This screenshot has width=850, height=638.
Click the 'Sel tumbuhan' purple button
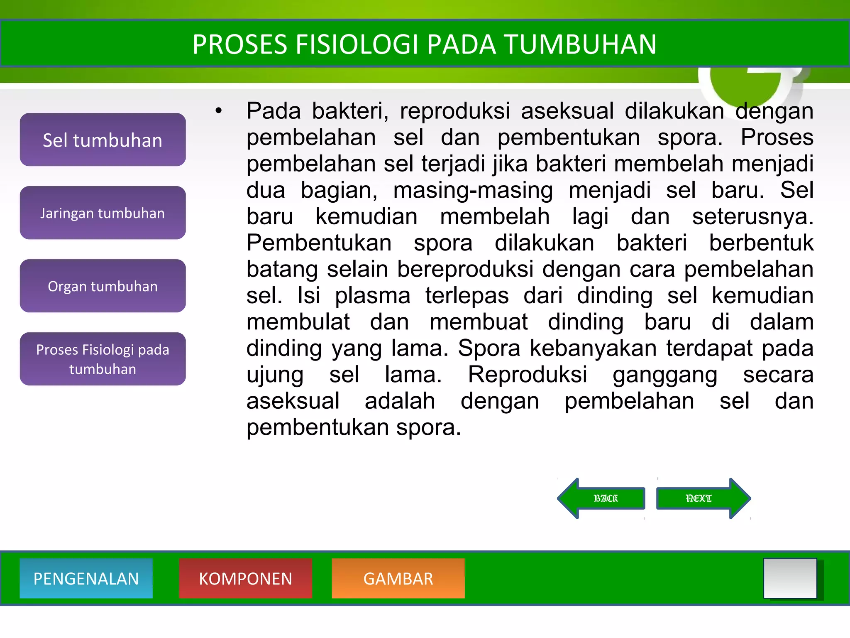103,140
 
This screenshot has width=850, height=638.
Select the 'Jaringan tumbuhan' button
103,213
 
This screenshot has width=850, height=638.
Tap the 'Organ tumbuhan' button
103,286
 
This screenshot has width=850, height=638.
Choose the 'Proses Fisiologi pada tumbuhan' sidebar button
103,359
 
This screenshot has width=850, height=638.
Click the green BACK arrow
602,498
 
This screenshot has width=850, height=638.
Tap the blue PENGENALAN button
86,579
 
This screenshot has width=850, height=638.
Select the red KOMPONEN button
245,579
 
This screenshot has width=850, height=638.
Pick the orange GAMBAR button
398,579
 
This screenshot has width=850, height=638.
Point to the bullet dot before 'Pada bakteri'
219,111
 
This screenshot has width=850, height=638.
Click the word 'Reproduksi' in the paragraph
527,375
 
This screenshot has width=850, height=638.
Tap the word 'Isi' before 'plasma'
309,296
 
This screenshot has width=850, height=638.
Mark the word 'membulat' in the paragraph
298,322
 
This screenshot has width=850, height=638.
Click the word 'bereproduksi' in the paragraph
465,270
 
